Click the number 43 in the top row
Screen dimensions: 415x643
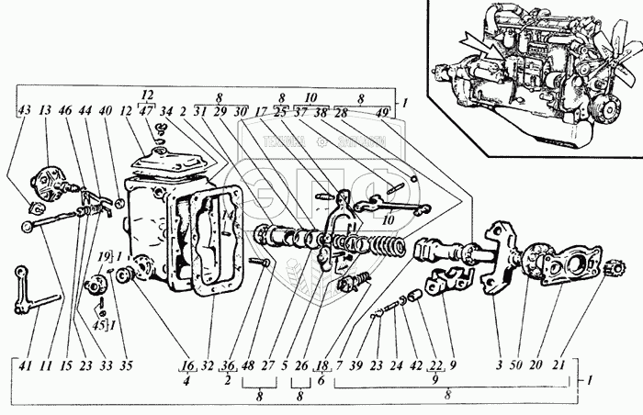[x=23, y=111]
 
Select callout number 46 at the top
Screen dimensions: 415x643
[x=63, y=111]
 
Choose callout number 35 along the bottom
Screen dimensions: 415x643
[x=127, y=365]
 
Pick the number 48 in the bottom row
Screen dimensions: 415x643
[x=248, y=365]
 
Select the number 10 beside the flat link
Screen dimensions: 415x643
[x=387, y=221]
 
